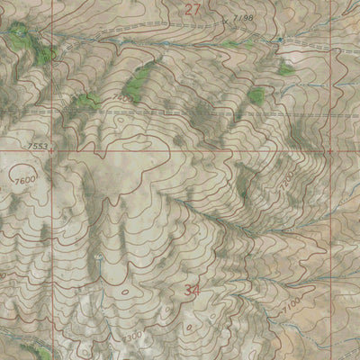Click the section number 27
193,9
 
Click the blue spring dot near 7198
281,40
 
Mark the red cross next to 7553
51,151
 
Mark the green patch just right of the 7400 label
138,85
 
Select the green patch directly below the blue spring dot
286,67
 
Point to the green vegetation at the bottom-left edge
36,353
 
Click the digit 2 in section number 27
188,9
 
